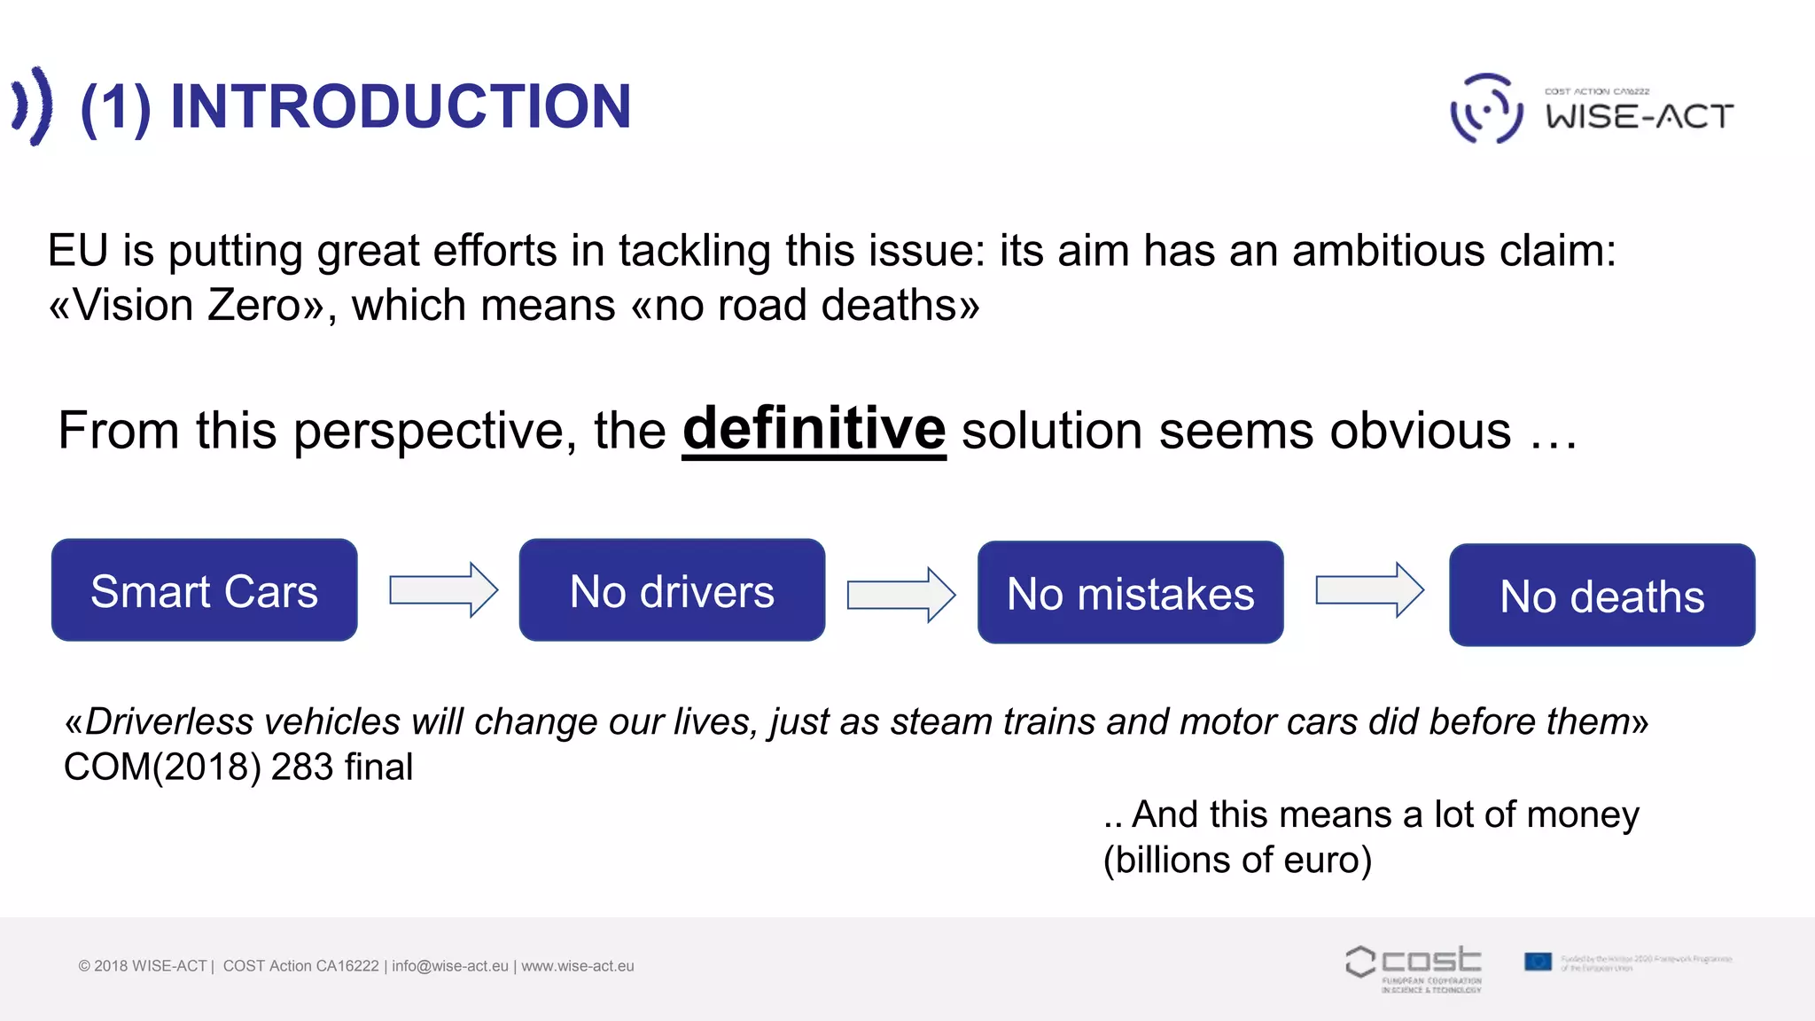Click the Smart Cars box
click(204, 590)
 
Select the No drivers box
click(672, 590)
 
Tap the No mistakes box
click(1130, 593)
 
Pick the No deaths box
click(1601, 596)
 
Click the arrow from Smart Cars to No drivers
click(443, 589)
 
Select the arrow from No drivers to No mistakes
click(900, 595)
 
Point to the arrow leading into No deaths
click(1369, 589)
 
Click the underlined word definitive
click(814, 430)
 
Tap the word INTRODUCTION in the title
click(400, 106)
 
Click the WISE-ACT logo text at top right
click(1640, 116)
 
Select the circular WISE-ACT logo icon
click(1486, 109)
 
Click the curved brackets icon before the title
click(33, 105)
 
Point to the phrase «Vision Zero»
click(187, 306)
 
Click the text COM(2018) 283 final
click(238, 767)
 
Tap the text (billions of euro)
click(1237, 860)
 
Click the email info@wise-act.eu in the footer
click(450, 966)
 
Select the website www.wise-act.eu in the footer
click(578, 966)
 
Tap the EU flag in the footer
click(1538, 962)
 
